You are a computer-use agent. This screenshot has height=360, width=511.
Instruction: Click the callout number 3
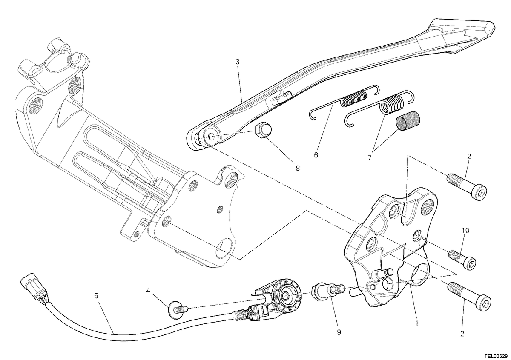pos(237,62)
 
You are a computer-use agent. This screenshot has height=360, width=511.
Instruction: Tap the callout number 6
pos(316,155)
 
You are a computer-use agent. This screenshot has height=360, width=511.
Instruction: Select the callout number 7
pos(369,158)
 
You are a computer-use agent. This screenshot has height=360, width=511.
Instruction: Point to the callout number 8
pos(298,168)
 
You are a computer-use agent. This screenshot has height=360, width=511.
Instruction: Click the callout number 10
pos(465,231)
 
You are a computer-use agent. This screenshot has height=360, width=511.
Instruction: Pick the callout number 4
pos(148,291)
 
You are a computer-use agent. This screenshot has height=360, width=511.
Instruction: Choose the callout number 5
pos(96,296)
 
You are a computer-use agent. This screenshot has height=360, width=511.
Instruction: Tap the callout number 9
pos(339,332)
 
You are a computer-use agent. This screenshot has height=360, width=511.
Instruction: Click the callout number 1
pos(417,323)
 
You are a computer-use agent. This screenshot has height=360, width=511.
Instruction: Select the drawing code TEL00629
pos(495,356)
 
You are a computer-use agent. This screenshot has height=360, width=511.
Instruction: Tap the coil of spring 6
pos(353,99)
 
